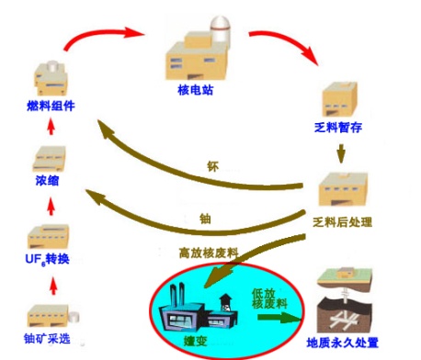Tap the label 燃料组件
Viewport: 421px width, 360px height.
[x=51, y=106]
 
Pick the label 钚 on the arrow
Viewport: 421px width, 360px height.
[x=213, y=168]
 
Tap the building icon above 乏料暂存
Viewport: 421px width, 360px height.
[x=341, y=99]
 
